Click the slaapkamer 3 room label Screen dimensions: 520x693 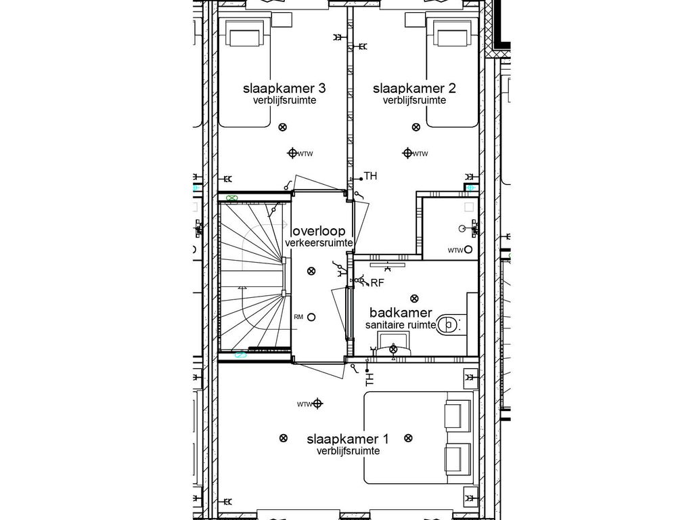(x=284, y=89)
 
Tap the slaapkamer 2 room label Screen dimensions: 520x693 (x=413, y=89)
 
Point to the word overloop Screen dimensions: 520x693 (x=319, y=231)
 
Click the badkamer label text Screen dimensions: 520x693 (x=401, y=313)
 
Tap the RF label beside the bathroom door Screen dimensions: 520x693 (x=377, y=282)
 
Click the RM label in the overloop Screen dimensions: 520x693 (x=298, y=317)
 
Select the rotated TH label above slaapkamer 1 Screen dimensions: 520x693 (x=370, y=380)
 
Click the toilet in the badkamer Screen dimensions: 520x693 (x=449, y=325)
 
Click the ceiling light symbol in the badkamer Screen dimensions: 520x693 (x=414, y=297)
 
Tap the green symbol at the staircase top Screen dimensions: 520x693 (x=232, y=198)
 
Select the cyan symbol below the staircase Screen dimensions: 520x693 (x=239, y=354)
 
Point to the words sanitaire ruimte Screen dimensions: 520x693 (x=401, y=325)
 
